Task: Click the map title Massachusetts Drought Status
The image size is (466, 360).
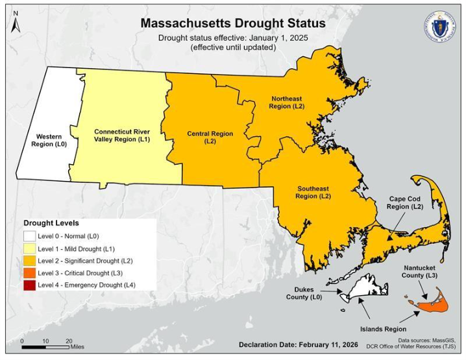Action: (233, 23)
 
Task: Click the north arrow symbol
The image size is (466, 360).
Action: (16, 21)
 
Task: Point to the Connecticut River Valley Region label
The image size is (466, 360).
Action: (121, 135)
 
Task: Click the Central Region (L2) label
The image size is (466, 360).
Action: (210, 137)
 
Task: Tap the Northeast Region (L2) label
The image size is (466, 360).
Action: (286, 102)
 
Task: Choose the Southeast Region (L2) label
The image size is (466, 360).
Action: (313, 192)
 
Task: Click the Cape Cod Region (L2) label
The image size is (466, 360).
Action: (407, 202)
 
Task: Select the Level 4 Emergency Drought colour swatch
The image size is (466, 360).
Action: (30, 285)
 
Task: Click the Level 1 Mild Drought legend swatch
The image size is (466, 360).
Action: (30, 248)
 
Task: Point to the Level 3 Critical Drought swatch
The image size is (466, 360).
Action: (30, 272)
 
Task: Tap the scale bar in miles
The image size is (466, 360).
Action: (45, 346)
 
